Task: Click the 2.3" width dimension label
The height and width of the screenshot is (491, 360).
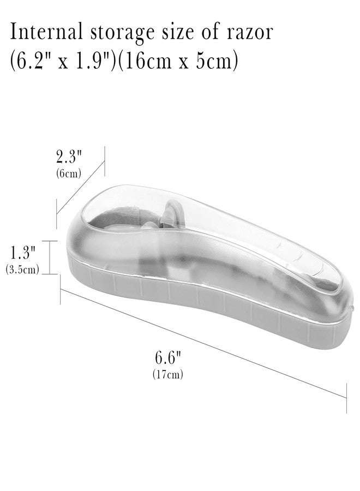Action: pos(69,157)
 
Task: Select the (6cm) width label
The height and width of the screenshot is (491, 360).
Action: pos(69,173)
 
